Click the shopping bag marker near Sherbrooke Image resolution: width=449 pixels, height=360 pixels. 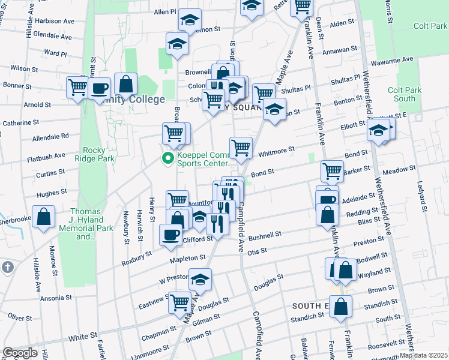click(x=44, y=217)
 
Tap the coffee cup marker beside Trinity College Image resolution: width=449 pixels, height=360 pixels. click(x=100, y=89)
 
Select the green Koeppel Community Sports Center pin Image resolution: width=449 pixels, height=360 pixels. click(x=166, y=158)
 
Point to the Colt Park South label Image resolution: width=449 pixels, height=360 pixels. click(x=401, y=94)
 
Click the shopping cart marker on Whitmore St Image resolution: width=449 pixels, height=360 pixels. click(x=241, y=147)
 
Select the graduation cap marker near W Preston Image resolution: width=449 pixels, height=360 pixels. click(x=200, y=280)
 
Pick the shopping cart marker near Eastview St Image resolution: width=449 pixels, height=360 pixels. click(x=179, y=302)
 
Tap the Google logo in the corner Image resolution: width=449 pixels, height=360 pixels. click(x=20, y=352)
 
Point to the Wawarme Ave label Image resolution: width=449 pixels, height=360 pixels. click(x=391, y=61)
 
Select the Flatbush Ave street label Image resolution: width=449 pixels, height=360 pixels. click(x=46, y=156)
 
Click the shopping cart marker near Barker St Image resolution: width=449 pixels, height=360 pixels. click(x=332, y=172)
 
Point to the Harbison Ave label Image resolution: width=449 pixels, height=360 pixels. click(x=54, y=20)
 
